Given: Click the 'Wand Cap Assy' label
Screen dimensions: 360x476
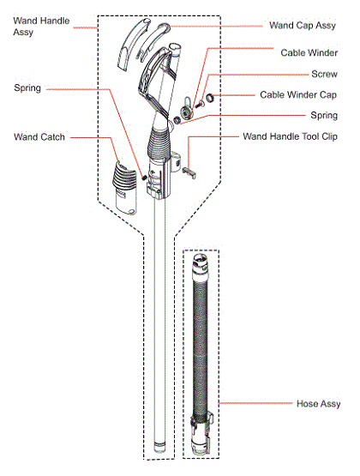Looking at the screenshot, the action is point(303,26).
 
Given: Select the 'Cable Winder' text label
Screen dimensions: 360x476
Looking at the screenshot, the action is point(309,53).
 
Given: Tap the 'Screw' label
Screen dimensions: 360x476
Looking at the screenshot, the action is point(324,74).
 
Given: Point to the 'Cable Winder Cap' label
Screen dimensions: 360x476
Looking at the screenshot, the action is point(298,94).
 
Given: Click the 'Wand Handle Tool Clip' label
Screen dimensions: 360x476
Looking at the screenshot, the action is point(290,136).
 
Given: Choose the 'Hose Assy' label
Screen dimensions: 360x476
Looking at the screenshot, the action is point(319,404).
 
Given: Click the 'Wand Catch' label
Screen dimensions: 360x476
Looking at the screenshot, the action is point(39,137).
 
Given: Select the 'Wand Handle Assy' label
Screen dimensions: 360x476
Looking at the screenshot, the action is point(41,27).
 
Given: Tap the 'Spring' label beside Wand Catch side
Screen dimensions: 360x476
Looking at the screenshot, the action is point(27,88).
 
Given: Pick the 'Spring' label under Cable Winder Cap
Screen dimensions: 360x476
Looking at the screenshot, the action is point(324,116).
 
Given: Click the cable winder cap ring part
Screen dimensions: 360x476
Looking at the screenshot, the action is point(209,98).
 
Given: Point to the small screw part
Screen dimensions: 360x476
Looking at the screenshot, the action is point(199,105).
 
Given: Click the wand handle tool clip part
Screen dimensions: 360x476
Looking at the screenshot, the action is point(189,172).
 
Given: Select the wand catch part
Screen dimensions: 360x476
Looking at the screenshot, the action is point(125,188).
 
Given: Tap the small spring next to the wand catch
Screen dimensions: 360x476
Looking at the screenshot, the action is point(144,177).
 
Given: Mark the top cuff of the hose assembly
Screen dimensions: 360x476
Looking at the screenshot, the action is point(201,263).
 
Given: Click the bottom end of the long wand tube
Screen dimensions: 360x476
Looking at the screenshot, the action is point(159,449).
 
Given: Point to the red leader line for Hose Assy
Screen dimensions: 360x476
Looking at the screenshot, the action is point(255,403).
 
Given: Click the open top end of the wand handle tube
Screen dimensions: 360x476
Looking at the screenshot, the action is point(175,47).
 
